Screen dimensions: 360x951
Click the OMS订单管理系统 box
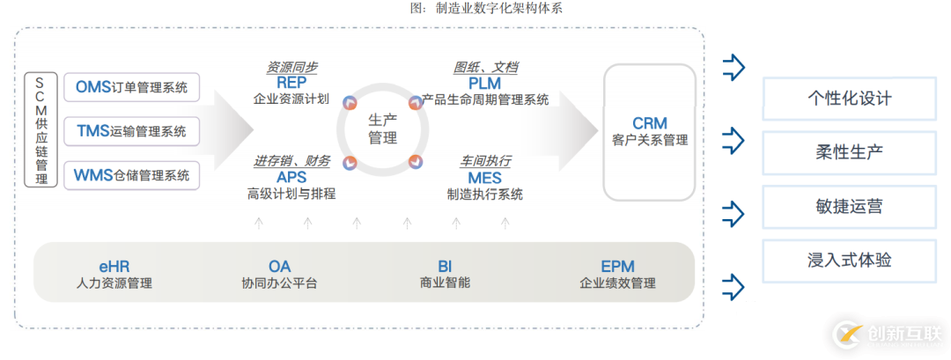(131, 87)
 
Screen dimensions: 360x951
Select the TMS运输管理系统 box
(131, 131)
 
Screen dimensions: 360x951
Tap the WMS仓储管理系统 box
(131, 175)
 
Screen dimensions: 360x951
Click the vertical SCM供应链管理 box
(41, 130)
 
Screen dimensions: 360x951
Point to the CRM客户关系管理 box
(650, 131)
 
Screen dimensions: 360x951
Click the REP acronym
(291, 83)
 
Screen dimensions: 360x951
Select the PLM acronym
(485, 83)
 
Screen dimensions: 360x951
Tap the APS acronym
(291, 178)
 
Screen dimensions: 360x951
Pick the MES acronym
(484, 178)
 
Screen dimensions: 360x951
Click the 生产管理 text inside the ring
(382, 129)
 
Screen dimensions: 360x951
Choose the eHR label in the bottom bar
(114, 266)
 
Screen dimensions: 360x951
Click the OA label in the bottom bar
(279, 266)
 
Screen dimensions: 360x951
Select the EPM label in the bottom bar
(617, 266)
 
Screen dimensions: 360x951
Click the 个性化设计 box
(849, 98)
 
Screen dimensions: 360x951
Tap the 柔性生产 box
(849, 152)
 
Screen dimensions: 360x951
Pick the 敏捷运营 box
(849, 207)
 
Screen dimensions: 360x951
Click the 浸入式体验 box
(849, 261)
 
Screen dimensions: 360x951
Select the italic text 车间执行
(484, 161)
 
